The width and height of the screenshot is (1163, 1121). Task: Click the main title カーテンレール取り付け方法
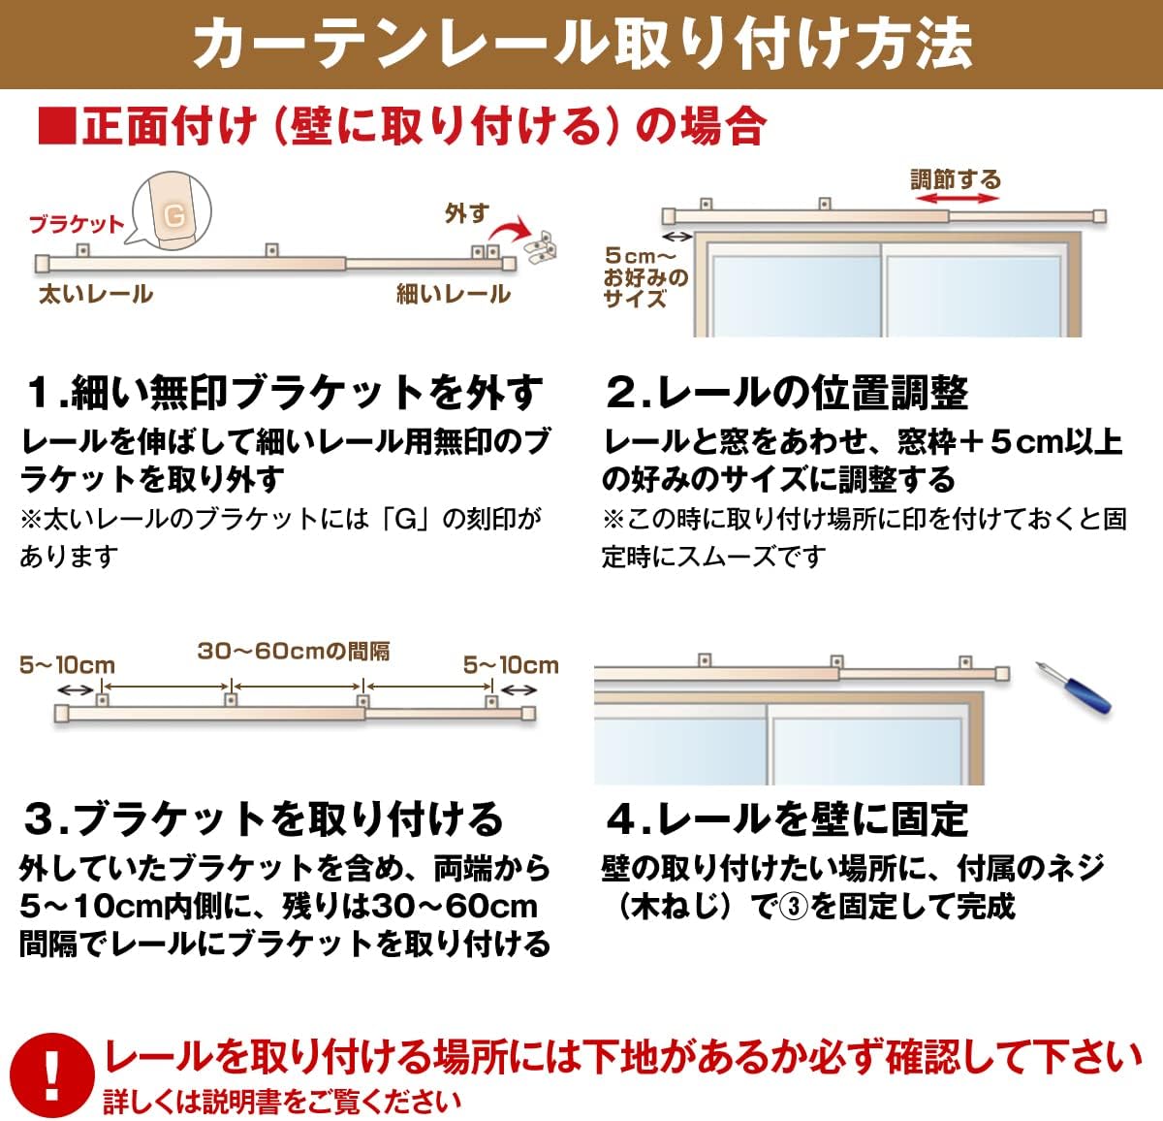coord(581,43)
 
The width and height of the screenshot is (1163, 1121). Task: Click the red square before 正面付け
coord(56,127)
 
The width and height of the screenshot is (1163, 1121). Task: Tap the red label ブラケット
coord(76,224)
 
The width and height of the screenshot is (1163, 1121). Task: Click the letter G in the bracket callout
coord(174,214)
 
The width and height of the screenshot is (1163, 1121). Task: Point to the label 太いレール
coord(95,294)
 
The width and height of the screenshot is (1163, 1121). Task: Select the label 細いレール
coord(454,294)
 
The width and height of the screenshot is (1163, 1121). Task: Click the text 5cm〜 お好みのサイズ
coord(646,276)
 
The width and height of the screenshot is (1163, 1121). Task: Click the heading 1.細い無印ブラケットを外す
coord(282,392)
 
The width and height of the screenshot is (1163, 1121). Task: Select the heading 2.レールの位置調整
coord(786,392)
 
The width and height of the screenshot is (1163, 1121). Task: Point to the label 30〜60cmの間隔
coord(294,651)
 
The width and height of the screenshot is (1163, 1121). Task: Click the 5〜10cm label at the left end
coord(67,665)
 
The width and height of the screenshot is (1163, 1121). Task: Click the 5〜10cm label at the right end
coord(511,665)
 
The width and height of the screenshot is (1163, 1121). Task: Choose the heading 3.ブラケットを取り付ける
coord(263,818)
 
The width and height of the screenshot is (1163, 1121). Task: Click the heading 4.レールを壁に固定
coord(786,818)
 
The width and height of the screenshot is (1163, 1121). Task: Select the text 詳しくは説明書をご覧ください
coord(282,1102)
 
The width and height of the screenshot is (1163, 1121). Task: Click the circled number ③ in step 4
coord(795,907)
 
